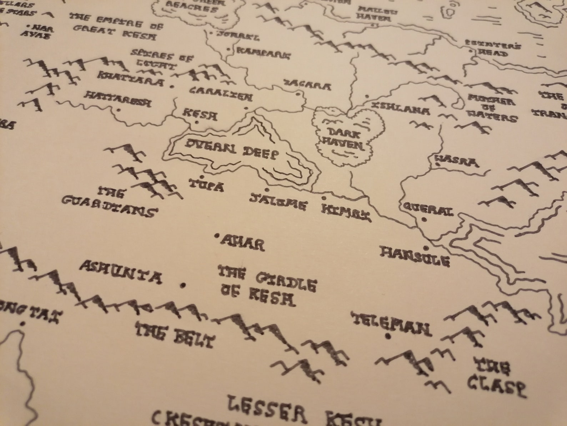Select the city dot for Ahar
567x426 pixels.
tap(217, 236)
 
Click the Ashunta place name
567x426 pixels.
tap(120, 271)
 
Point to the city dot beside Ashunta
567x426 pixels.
tap(184, 285)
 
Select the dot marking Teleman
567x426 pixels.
tap(388, 336)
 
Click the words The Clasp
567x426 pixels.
tap(496, 376)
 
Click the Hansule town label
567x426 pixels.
tap(414, 256)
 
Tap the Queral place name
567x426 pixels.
tap(428, 209)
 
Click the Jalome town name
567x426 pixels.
tap(278, 202)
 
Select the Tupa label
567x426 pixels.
tap(206, 185)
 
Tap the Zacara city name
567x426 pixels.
tap(307, 86)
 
